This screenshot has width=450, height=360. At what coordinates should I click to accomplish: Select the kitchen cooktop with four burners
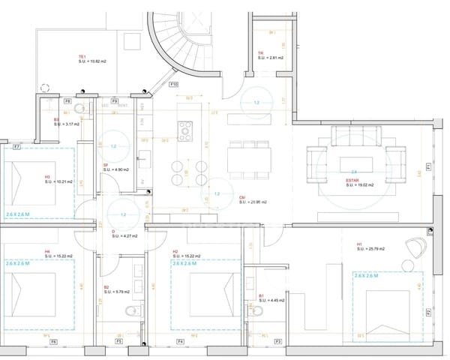pyautogui.click(x=184, y=132)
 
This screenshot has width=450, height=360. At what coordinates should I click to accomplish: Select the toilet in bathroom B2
pyautogui.click(x=132, y=309)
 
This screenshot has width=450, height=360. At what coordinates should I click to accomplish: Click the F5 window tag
pyautogui.click(x=118, y=342)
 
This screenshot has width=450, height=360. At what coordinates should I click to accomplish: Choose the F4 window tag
pyautogui.click(x=180, y=342)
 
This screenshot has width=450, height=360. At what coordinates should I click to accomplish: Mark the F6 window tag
pyautogui.click(x=52, y=342)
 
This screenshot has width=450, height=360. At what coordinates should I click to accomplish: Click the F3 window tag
pyautogui.click(x=277, y=342)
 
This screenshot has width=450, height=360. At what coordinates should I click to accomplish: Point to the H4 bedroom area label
pyautogui.click(x=58, y=254)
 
